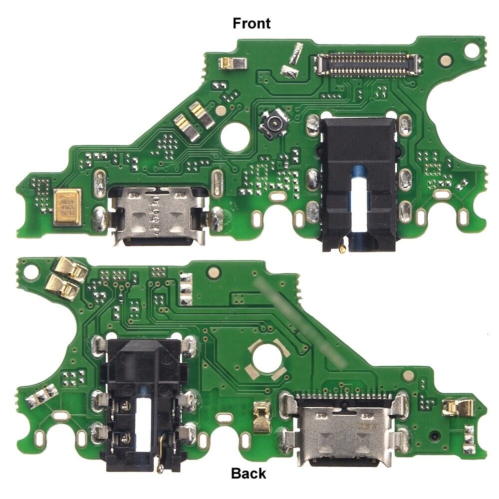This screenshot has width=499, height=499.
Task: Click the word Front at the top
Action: pyautogui.click(x=252, y=23)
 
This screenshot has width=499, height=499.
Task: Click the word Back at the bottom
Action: pyautogui.click(x=249, y=473)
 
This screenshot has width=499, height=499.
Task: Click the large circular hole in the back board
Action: pyautogui.click(x=266, y=358)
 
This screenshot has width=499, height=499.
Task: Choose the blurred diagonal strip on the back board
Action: pyautogui.click(x=300, y=323)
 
